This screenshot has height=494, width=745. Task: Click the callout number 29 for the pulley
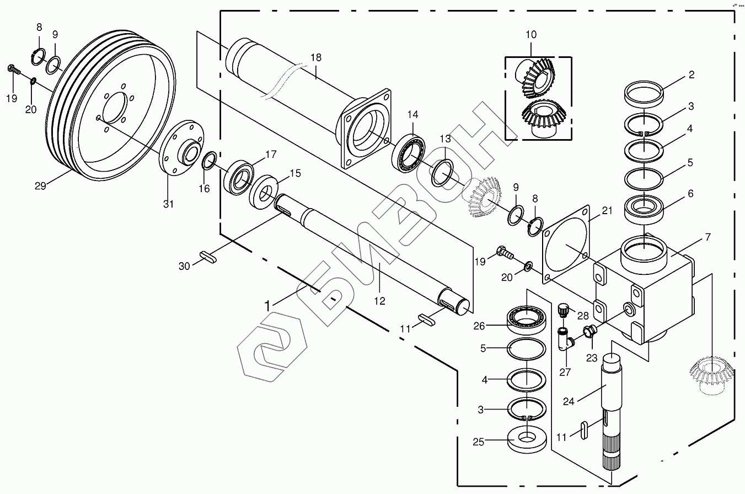[x=40, y=185]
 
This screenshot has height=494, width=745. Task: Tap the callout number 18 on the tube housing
[x=315, y=57]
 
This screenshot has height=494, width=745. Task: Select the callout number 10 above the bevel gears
[x=530, y=35]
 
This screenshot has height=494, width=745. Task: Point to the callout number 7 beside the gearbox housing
[x=708, y=237]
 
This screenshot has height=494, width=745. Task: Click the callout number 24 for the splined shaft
[x=569, y=401]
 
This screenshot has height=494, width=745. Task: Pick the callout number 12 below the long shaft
[x=379, y=301]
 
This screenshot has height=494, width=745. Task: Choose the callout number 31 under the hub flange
[x=168, y=204]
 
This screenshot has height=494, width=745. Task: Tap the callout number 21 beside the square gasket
[x=607, y=210]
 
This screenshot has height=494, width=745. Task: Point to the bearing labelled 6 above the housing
[x=642, y=209]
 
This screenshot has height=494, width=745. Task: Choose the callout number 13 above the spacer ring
[x=445, y=137]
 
